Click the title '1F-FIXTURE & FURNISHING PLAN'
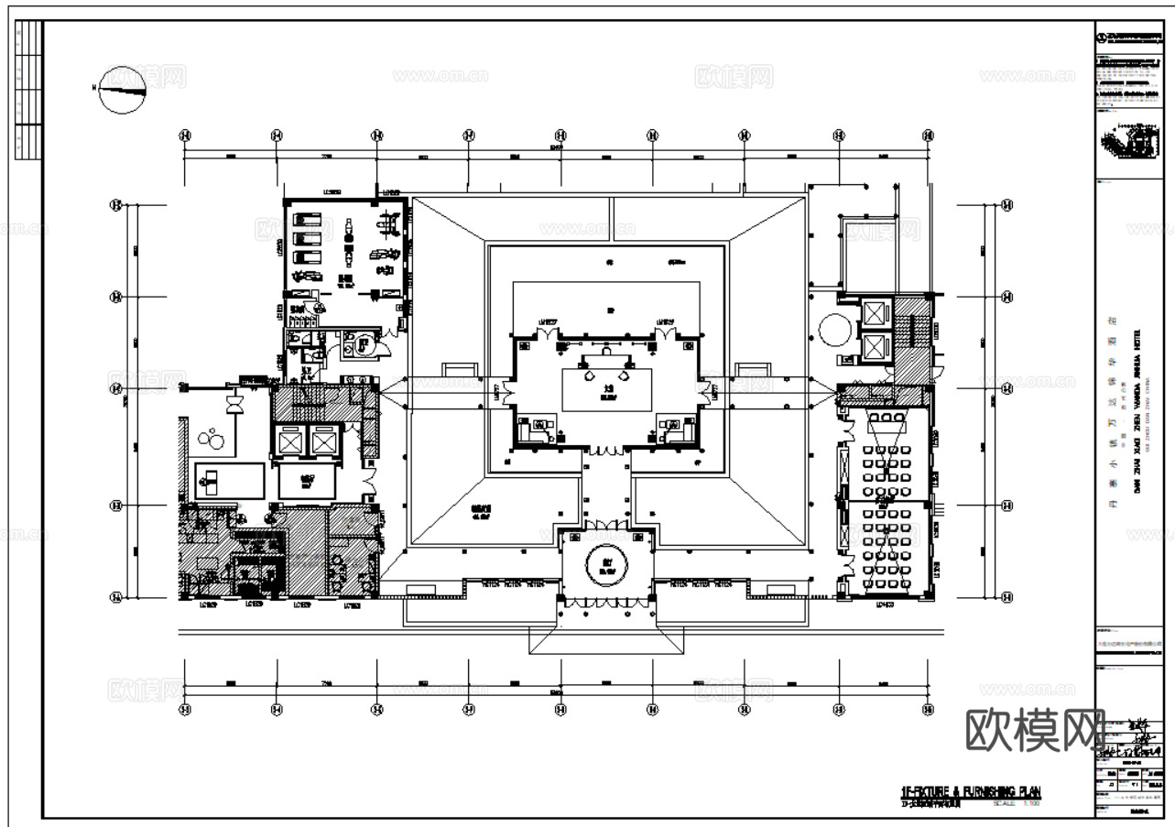[971, 791]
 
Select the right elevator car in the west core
[323, 442]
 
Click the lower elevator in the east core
[876, 348]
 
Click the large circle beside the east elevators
[835, 329]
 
